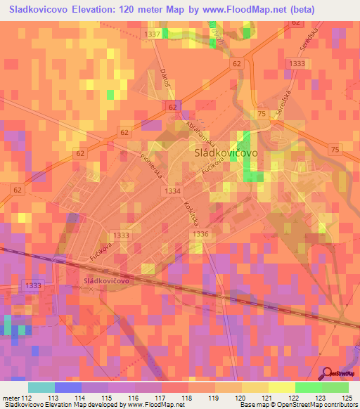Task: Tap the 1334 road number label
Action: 171,191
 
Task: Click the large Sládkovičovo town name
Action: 224,152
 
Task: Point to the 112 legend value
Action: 28,397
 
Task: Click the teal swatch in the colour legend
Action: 41,387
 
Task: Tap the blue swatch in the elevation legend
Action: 68,387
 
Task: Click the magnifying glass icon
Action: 327,373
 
